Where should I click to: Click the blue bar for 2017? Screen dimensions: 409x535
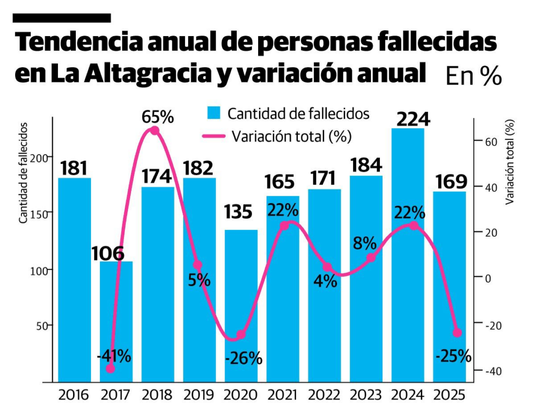coord(117,321)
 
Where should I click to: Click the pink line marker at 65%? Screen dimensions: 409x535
coord(155,131)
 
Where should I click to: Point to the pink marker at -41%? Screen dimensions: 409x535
coord(110,369)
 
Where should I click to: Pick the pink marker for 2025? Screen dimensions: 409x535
coord(457,333)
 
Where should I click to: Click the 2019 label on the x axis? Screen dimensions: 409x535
coord(199,394)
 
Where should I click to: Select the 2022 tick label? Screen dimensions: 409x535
coord(324,394)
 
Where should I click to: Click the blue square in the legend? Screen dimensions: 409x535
coord(214,113)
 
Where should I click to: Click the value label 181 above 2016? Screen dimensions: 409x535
coord(74,168)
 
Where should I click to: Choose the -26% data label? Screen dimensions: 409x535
coord(243,359)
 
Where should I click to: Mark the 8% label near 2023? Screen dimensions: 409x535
coord(365,243)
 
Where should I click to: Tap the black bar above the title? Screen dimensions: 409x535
coord(62,18)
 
